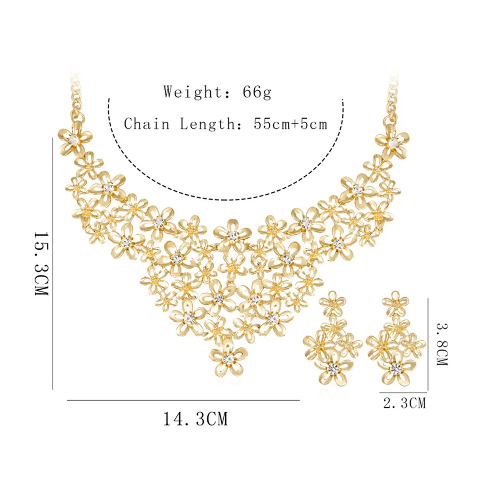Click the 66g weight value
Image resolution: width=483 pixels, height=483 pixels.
(x=257, y=91)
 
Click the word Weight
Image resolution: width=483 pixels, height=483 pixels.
(x=192, y=91)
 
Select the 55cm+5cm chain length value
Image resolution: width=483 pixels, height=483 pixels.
(x=290, y=124)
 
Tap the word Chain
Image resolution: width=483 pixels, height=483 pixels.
(x=147, y=124)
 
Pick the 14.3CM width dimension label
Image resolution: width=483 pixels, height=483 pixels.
(x=195, y=419)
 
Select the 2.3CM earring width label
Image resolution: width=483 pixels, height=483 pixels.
(x=404, y=403)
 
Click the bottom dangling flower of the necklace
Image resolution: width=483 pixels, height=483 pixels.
(x=228, y=358)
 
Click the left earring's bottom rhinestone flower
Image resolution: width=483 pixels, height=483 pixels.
(x=333, y=368)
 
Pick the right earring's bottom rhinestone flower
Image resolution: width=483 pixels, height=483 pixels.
(x=397, y=368)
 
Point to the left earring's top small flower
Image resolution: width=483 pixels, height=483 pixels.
(x=333, y=303)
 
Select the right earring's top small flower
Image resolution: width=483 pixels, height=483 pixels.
(x=396, y=303)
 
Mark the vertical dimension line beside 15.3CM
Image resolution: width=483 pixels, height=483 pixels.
(x=53, y=264)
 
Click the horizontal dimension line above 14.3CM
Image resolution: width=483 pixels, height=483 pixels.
(x=183, y=400)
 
